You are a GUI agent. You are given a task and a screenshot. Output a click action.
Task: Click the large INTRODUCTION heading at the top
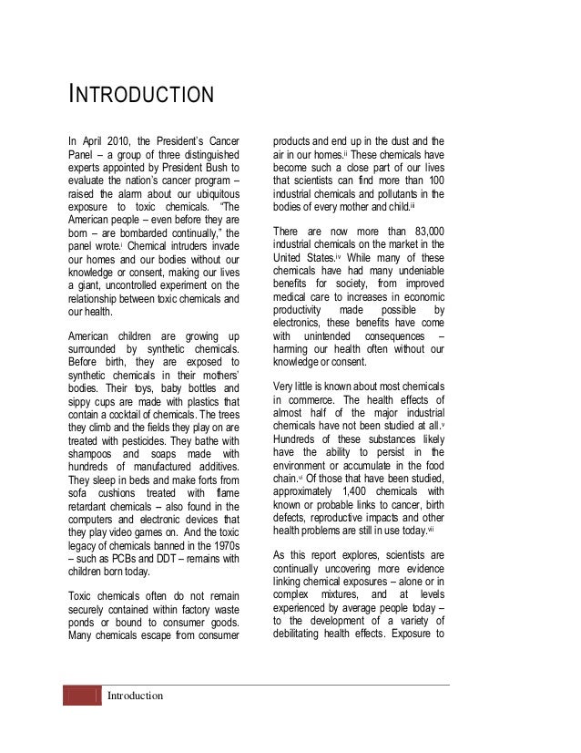(141, 95)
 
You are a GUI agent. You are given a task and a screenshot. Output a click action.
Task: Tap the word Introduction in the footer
(135, 696)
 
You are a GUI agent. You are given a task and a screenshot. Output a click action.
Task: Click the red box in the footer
(81, 696)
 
